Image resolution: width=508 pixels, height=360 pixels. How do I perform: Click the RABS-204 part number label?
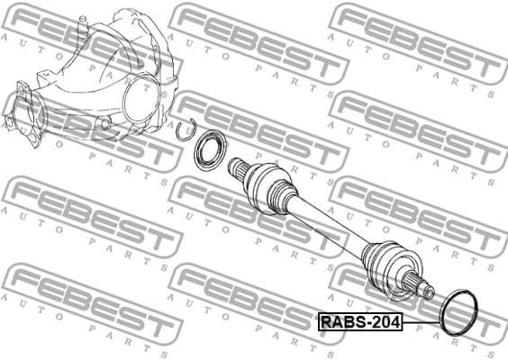tap(359, 322)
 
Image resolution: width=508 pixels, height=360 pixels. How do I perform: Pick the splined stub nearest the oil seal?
tap(237, 166)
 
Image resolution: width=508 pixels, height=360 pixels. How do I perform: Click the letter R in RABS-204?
tap(324, 322)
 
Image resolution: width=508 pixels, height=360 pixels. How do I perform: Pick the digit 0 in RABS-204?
tap(385, 322)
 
